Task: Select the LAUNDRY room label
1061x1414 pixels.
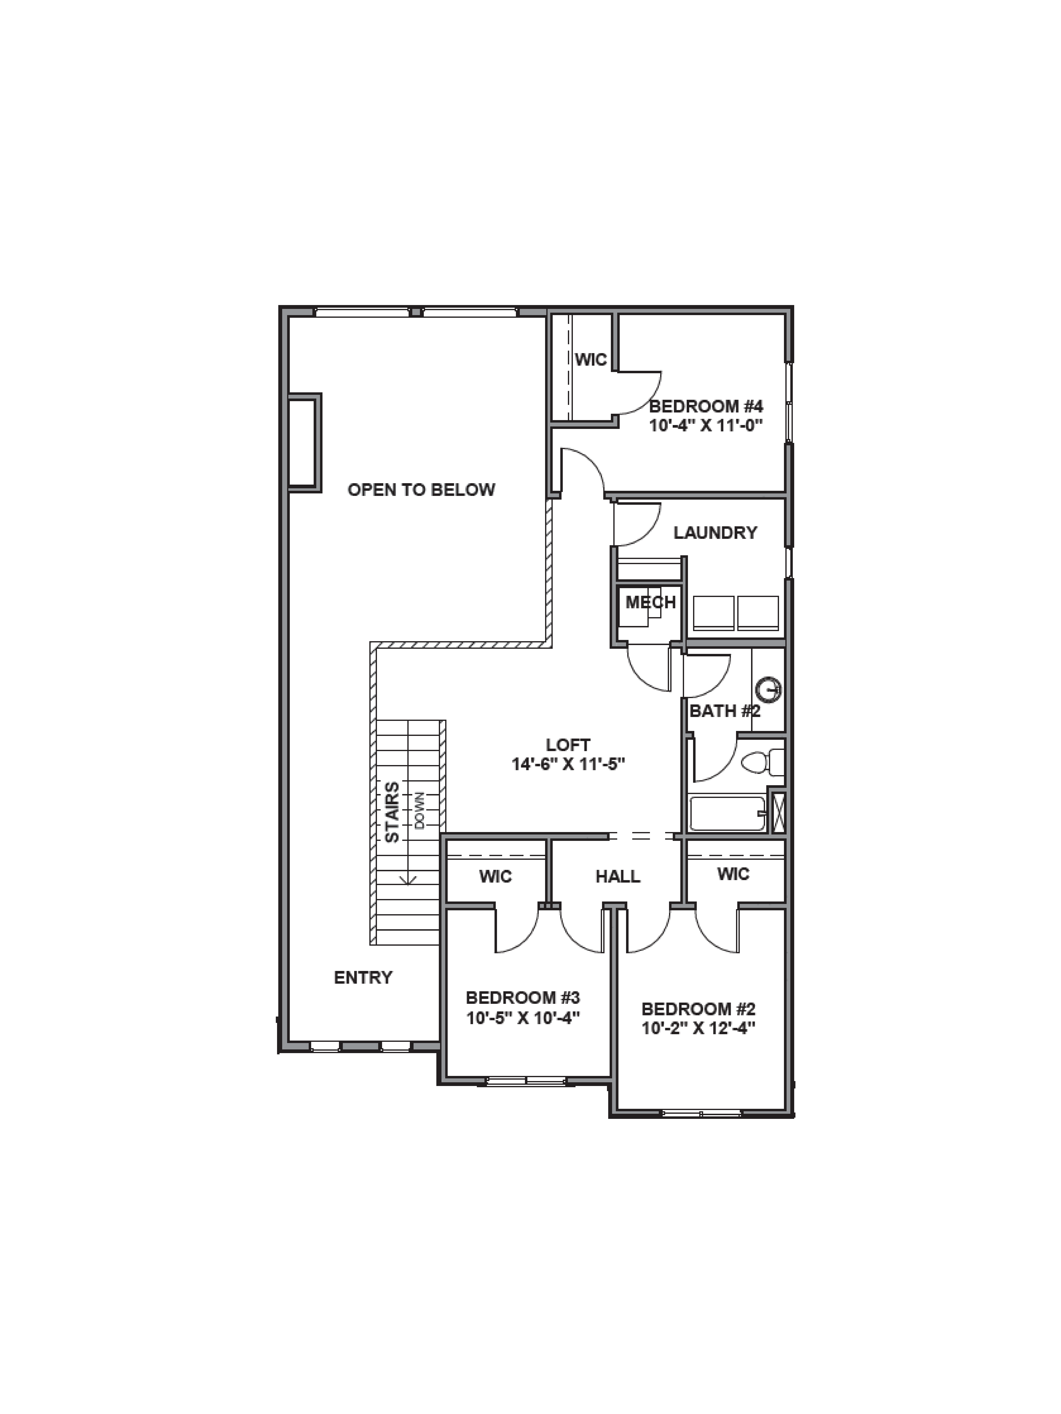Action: click(x=715, y=532)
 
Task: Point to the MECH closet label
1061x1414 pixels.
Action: click(x=650, y=602)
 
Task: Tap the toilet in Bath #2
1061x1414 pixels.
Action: click(x=761, y=762)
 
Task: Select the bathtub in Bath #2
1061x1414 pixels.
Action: click(x=727, y=814)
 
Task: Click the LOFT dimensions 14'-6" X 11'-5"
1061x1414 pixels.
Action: click(x=568, y=764)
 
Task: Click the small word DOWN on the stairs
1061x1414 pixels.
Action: click(x=420, y=810)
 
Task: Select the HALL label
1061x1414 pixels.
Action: click(x=618, y=876)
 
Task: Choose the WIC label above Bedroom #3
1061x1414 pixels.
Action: click(x=496, y=876)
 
